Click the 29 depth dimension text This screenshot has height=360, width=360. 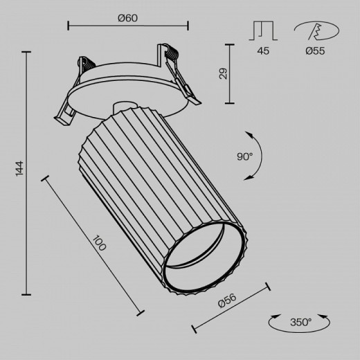click(223, 73)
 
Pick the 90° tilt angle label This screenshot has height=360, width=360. click(244, 156)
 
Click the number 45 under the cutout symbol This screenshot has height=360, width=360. click(263, 50)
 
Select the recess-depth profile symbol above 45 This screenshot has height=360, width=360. click(263, 30)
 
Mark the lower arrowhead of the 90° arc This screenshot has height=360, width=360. click(247, 179)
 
